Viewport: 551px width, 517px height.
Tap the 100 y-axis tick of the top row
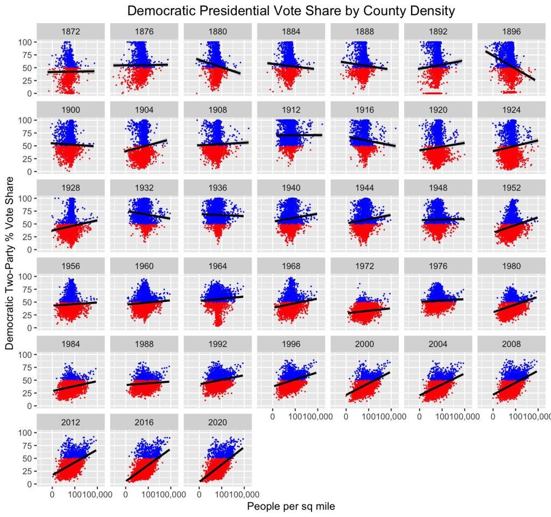25,42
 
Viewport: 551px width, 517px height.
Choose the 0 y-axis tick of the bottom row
30,484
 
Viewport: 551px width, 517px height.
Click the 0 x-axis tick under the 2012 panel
52,493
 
